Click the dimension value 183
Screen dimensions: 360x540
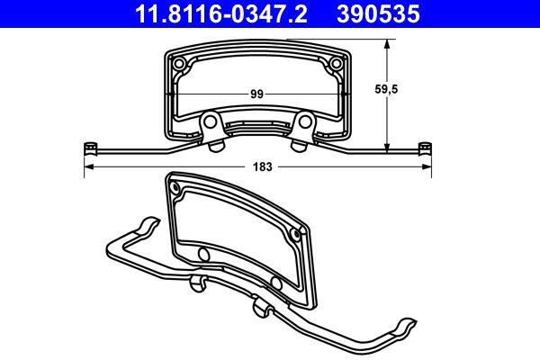tap(262, 167)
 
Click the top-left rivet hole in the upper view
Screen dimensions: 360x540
tap(180, 63)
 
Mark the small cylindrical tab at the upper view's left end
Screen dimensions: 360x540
tap(89, 147)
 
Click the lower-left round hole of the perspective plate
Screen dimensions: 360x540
tap(203, 256)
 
